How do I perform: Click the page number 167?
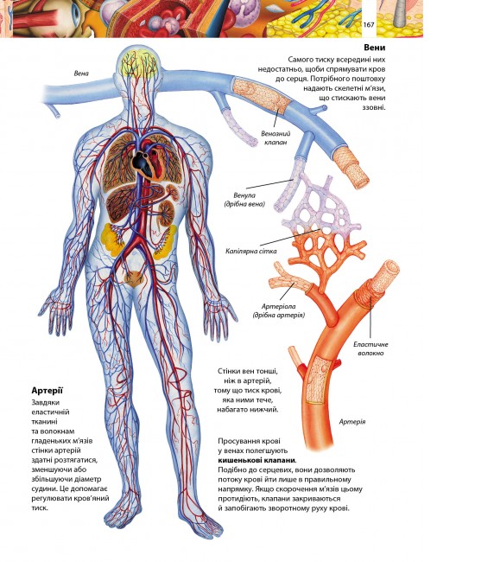(369, 25)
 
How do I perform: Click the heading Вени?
(374, 48)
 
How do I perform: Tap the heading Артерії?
(47, 390)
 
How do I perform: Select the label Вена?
(81, 73)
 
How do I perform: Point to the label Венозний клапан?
(275, 138)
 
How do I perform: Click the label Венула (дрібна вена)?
(244, 200)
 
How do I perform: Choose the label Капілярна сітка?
(251, 251)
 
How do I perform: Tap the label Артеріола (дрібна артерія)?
(278, 310)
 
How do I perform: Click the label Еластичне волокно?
(370, 348)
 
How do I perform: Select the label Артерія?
(352, 422)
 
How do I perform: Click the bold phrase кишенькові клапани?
(257, 460)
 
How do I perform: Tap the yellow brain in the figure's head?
(138, 65)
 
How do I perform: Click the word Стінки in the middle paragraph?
(228, 371)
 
